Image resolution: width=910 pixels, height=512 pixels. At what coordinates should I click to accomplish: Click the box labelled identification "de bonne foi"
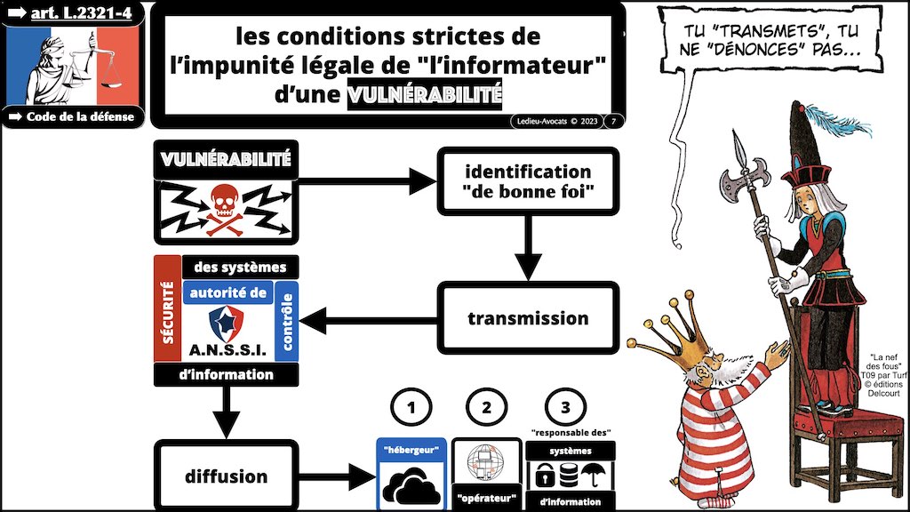coord(527,181)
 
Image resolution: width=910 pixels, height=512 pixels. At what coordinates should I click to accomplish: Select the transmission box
coord(527,317)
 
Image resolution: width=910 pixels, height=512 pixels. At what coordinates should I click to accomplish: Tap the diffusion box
coord(226,475)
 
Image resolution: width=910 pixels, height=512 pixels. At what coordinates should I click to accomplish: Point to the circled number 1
coord(410,409)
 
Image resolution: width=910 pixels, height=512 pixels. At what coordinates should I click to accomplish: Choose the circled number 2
coord(485,409)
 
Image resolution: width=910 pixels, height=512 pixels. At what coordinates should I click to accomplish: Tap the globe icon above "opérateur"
coord(485,462)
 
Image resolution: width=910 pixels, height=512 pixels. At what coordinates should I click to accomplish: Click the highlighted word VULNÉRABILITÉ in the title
coord(426,92)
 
